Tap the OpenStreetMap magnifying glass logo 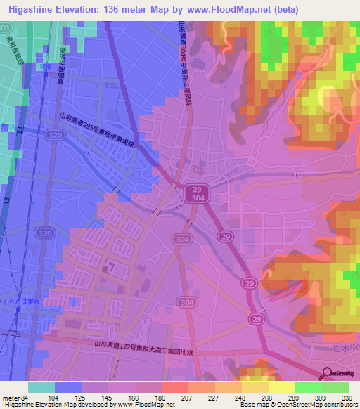point(326,373)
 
